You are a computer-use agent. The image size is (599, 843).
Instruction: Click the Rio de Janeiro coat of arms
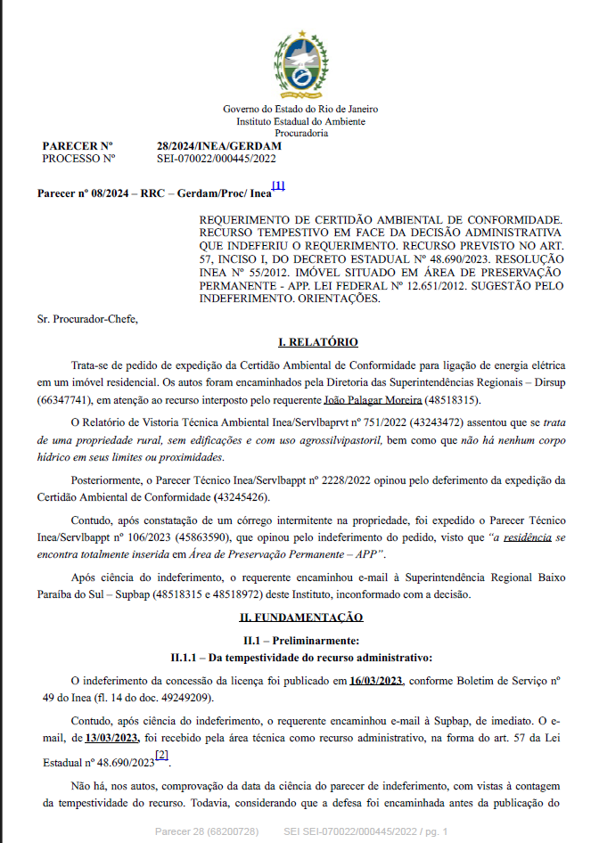coord(299,64)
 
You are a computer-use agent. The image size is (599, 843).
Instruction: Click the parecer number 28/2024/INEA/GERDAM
coord(218,146)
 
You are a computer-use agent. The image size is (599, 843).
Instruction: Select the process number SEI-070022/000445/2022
coord(217,158)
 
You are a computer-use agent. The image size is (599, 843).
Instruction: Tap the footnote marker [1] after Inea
coord(278,186)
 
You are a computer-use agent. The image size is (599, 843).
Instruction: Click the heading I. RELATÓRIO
coord(318,342)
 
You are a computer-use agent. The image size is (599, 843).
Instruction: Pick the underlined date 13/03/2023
coord(111,737)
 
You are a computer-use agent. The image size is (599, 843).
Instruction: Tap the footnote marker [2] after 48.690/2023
coord(161,756)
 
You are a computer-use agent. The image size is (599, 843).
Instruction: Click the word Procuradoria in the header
coord(300,133)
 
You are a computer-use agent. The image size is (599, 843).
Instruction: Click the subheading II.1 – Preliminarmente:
coord(300,641)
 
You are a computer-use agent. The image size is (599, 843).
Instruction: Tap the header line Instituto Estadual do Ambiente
coord(300,121)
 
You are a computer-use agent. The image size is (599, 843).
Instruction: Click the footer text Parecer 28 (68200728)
coord(207,831)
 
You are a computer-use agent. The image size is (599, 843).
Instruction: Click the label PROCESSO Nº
coord(79,158)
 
